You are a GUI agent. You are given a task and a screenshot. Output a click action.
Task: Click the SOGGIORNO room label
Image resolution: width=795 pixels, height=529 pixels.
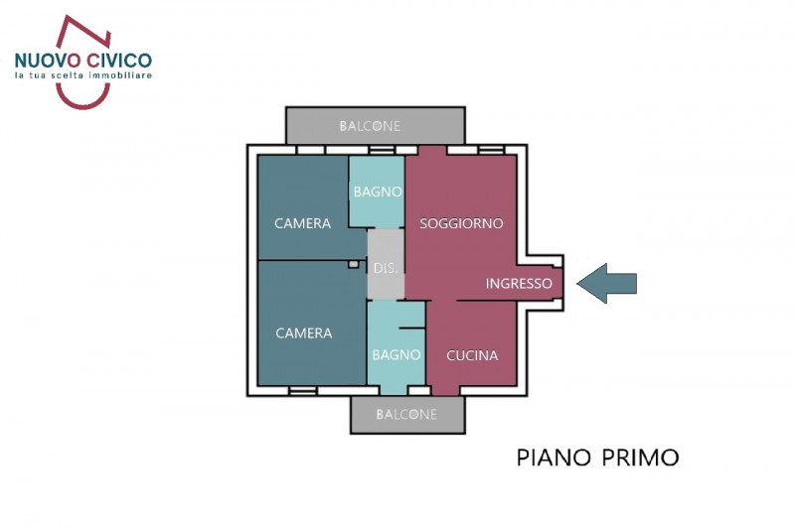pos(461,223)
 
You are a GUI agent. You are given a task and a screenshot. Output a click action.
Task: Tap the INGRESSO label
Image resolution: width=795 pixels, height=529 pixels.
pos(519,284)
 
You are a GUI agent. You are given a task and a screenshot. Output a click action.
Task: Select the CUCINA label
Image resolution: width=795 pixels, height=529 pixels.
pos(472,355)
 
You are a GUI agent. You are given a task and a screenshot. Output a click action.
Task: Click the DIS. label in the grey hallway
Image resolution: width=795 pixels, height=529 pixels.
pos(386,268)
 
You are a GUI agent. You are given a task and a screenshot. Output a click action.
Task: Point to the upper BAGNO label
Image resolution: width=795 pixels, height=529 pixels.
pos(378,192)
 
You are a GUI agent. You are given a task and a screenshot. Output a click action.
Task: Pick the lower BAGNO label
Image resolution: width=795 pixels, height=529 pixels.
pos(397,354)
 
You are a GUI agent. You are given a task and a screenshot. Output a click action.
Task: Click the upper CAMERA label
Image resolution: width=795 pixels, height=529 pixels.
pos(303,223)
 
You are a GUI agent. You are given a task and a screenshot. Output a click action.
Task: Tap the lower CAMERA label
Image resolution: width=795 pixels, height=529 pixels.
pos(303,332)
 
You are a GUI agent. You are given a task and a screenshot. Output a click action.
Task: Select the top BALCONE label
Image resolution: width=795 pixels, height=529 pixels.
pos(370,126)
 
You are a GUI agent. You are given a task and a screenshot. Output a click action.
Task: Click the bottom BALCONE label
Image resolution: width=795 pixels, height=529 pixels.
pos(406,414)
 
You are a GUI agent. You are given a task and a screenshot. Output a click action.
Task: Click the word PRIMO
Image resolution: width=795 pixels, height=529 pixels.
pos(641,458)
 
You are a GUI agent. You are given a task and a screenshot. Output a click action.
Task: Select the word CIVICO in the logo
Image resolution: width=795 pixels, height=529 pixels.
pos(118,60)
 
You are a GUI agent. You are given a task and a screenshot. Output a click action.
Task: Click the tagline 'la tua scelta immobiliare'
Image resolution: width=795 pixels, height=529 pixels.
pos(82,76)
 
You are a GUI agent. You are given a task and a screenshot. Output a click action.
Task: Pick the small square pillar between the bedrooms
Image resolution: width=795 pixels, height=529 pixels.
pos(353,264)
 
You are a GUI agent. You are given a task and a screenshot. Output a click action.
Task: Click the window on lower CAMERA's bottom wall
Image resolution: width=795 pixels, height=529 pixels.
pos(302,390)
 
